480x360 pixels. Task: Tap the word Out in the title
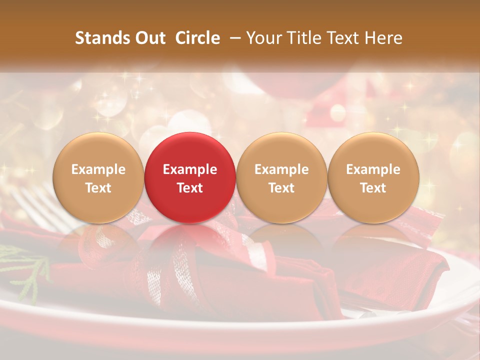tap(149, 38)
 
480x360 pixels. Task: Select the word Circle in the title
tap(197, 38)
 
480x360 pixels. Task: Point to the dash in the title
tap(233, 38)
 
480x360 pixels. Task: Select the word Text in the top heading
tap(341, 38)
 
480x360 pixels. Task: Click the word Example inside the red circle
tap(190, 169)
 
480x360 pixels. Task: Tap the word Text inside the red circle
tap(190, 188)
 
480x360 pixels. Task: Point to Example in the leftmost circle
tap(98, 169)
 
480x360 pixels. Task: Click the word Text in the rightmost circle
tap(373, 188)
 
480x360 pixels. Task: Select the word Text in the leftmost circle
tap(98, 188)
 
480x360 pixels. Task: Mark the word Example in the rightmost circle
tap(373, 169)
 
